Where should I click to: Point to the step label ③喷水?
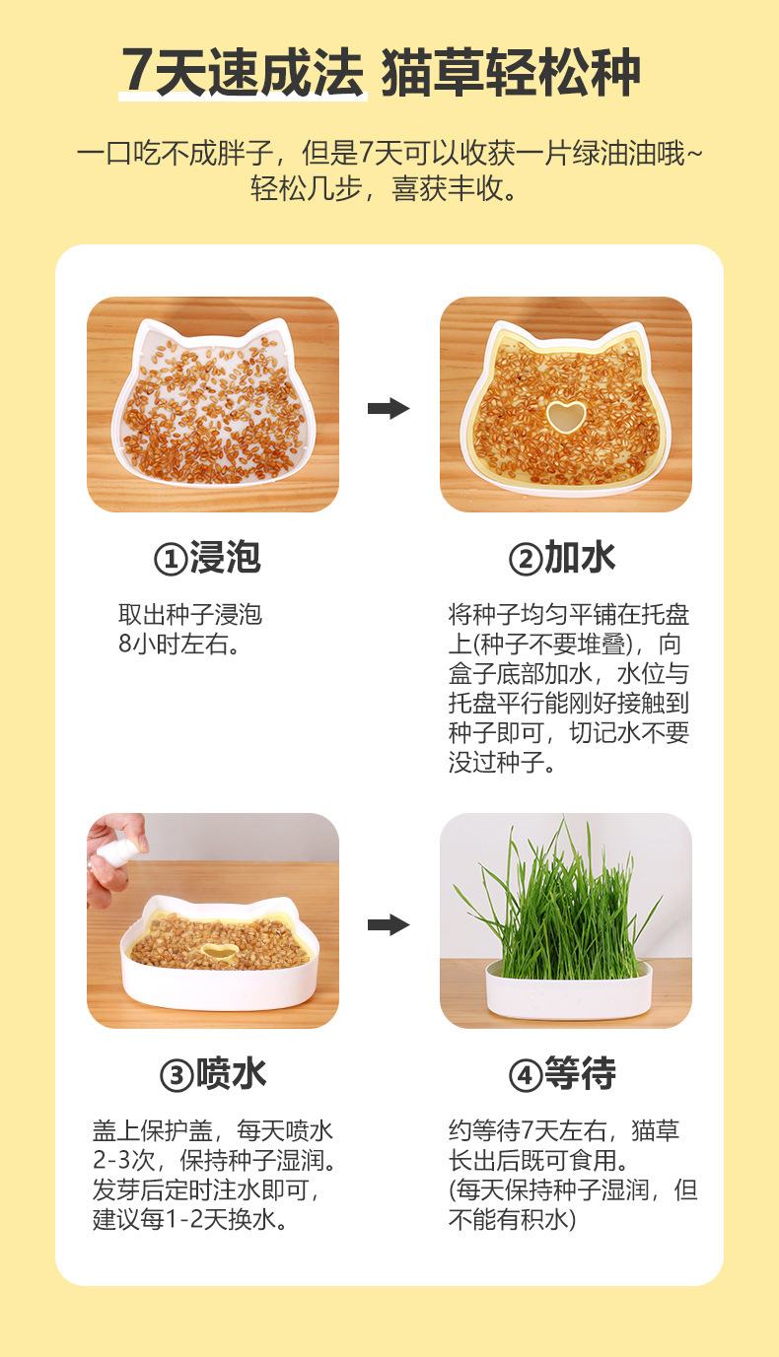(x=213, y=1074)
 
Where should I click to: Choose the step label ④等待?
(x=562, y=1074)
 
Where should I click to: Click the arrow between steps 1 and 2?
(x=389, y=408)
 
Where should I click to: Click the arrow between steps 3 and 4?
(x=389, y=924)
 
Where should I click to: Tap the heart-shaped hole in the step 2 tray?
(x=565, y=416)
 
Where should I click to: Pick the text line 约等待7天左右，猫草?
(x=564, y=1130)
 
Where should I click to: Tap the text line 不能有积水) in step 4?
(x=512, y=1219)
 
